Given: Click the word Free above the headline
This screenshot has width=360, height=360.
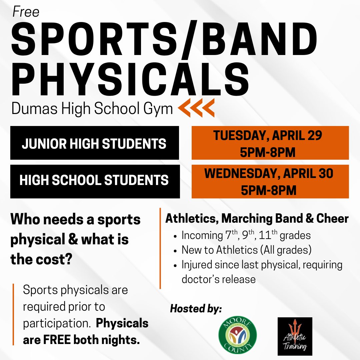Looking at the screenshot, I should pyautogui.click(x=26, y=12).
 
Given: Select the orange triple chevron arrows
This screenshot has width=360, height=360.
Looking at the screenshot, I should pyautogui.click(x=196, y=108).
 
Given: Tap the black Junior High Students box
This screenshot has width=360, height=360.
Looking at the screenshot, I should pyautogui.click(x=94, y=144).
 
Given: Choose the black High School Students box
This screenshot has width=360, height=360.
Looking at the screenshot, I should pyautogui.click(x=95, y=180).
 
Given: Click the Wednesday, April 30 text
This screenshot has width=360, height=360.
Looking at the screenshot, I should pyautogui.click(x=269, y=174).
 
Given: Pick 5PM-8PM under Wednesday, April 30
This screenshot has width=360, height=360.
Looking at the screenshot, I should pyautogui.click(x=269, y=190).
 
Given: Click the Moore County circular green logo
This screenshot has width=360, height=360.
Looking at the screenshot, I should pyautogui.click(x=237, y=336).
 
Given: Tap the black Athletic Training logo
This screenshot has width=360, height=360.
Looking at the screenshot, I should pyautogui.click(x=295, y=336).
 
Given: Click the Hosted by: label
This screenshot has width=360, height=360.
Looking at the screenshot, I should pyautogui.click(x=196, y=309).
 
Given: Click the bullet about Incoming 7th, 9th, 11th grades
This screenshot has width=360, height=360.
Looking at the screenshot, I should pyautogui.click(x=246, y=235).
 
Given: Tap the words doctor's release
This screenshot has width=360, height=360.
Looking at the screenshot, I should pyautogui.click(x=218, y=279).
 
